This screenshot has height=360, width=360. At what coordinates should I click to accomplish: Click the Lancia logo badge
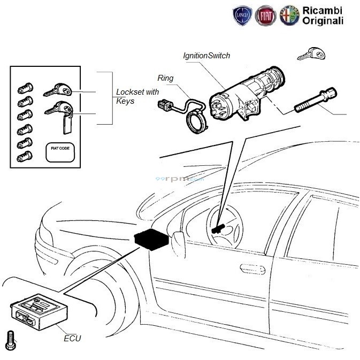pos(243,16)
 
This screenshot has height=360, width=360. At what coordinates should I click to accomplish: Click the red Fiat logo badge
pos(266,16)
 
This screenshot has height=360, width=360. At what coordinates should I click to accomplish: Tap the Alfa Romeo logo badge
pos(290,16)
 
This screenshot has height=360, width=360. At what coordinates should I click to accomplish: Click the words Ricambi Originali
pos(323,16)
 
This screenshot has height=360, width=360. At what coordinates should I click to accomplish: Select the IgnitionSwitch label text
pos(206,56)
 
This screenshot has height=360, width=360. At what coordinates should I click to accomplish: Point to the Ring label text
pos(166,78)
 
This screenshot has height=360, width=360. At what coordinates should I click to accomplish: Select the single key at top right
pos(311,54)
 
